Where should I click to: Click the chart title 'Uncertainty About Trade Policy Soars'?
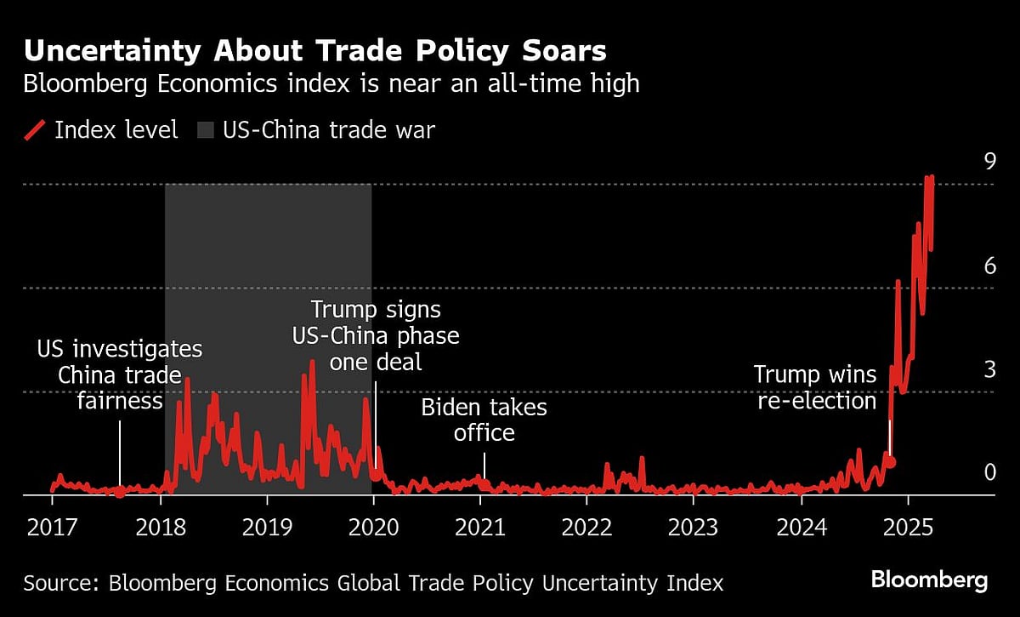314,51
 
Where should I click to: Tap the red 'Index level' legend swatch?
34,130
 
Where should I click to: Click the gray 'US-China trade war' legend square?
206,130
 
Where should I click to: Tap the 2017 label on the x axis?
52,528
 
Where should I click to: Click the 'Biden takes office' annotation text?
484,420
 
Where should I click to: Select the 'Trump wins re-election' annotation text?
816,387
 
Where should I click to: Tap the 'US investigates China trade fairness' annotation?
120,374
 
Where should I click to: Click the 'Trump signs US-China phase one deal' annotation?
376,334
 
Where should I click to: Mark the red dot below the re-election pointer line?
891,462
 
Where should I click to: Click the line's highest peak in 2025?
931,178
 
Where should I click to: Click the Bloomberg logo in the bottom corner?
929,580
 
